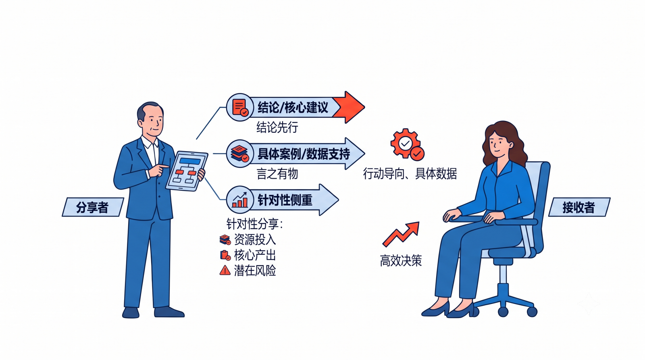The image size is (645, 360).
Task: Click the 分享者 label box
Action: coord(93,207)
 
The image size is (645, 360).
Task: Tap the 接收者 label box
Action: coord(579,207)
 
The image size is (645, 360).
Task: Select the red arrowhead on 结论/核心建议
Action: coord(350,107)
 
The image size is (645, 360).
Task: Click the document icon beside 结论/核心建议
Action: coord(240,107)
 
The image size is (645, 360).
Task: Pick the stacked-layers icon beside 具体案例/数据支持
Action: coord(240,154)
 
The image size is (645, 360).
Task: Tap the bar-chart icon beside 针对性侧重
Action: coord(240,200)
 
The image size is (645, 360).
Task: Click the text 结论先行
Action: coord(277,127)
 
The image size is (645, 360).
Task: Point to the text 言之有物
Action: coord(277,174)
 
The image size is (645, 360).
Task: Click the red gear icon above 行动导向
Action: coord(407,144)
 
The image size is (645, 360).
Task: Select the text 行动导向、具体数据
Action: coord(410,174)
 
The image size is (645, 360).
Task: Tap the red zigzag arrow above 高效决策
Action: coord(401,234)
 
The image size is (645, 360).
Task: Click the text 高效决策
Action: coord(401,261)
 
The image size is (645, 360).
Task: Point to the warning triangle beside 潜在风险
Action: coord(225,271)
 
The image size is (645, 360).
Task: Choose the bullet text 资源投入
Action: coord(255,239)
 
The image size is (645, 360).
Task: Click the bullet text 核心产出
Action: coord(255,255)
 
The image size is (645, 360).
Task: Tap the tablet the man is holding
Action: coord(187,171)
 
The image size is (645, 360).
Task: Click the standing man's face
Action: coord(152,120)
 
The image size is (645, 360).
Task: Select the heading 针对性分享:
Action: coord(255,224)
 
